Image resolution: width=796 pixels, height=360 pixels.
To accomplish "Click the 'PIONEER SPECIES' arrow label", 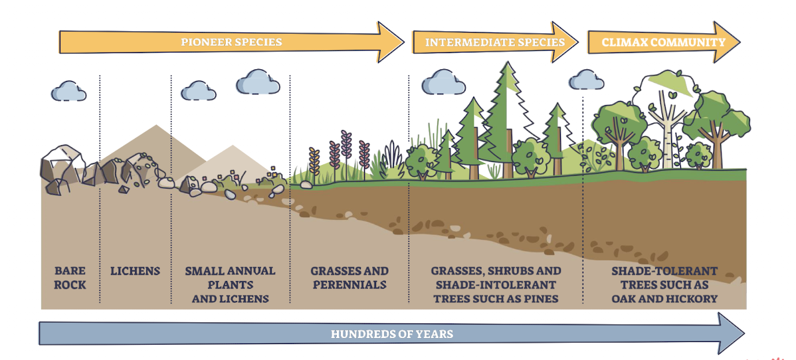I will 231,42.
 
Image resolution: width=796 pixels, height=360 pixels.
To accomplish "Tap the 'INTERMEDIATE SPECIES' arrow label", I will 494,42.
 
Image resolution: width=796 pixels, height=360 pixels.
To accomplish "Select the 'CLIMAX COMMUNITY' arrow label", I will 663,42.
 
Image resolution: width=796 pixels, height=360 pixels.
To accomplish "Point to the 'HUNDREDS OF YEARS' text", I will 392,333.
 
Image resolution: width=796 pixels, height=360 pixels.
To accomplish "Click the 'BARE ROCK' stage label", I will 70,278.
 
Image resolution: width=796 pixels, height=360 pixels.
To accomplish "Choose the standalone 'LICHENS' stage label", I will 135,270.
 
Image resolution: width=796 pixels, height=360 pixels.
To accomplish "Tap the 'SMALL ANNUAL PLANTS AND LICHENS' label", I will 230,284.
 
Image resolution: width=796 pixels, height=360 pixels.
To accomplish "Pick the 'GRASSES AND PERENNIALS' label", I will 349,278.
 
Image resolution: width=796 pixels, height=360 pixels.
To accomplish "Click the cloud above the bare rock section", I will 69,90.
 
